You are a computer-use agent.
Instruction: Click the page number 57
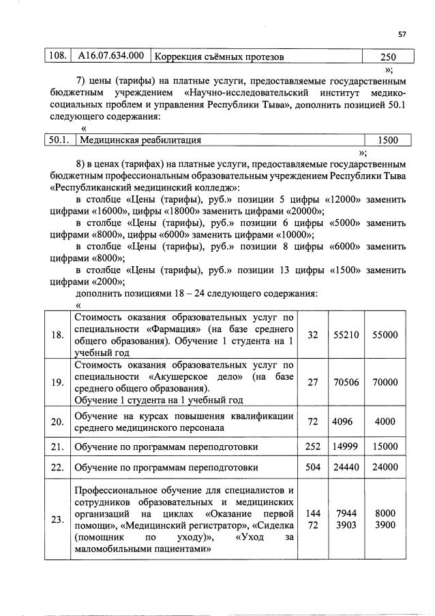[402, 35]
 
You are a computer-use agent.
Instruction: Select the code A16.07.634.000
[110, 56]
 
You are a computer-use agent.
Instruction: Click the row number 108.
[56, 56]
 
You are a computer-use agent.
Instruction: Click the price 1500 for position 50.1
[388, 140]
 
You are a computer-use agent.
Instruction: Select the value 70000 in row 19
[385, 383]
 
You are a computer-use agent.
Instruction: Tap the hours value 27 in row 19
[313, 383]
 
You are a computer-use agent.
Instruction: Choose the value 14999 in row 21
[346, 447]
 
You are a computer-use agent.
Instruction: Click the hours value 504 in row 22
[313, 468]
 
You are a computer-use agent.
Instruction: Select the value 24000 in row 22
[385, 468]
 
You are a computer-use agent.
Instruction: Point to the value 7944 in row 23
[346, 512]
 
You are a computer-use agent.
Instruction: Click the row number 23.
[57, 519]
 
